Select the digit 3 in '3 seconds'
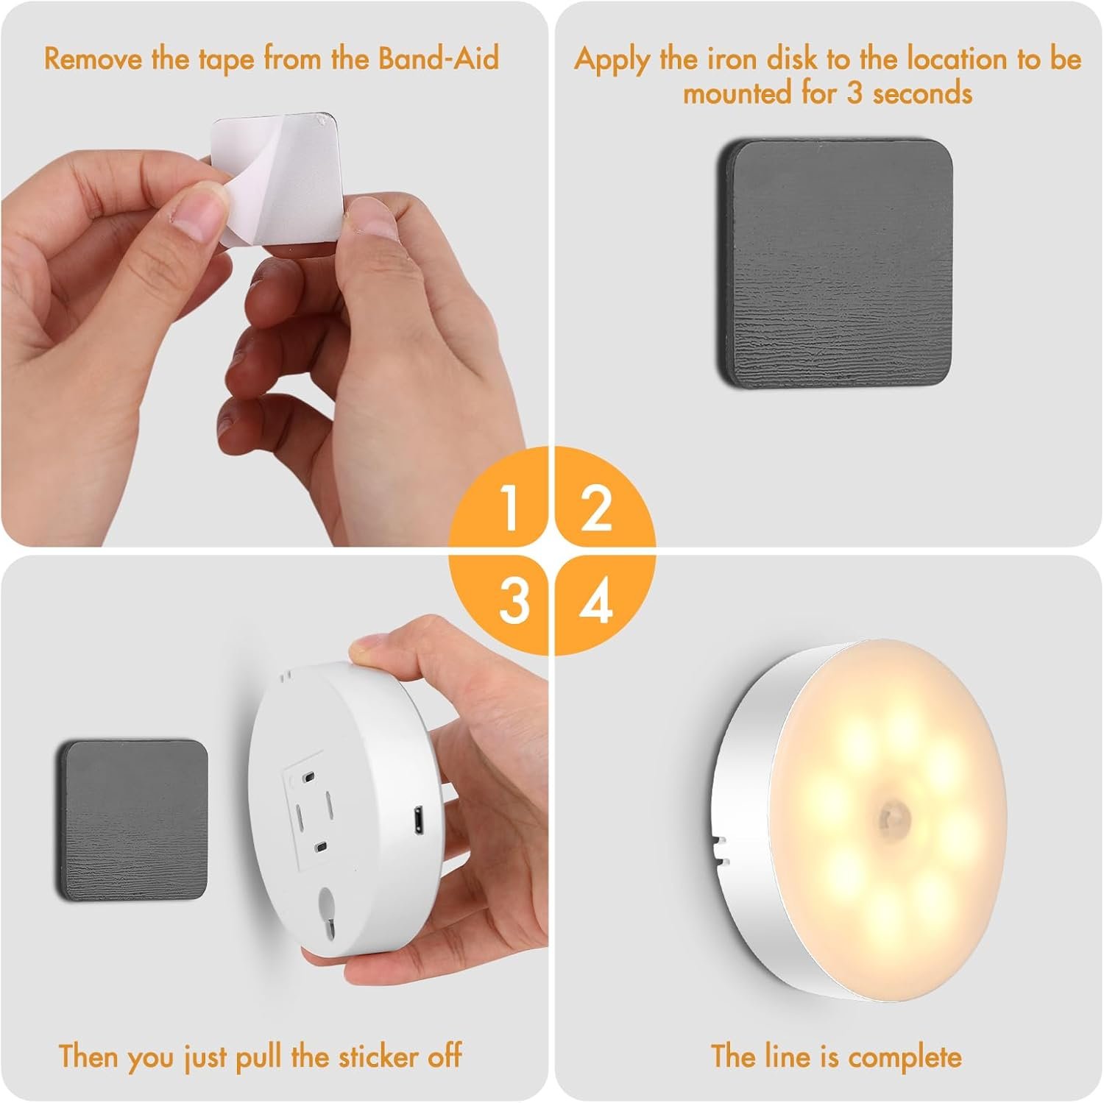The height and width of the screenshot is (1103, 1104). point(854,93)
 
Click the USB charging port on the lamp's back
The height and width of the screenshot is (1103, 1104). point(417,818)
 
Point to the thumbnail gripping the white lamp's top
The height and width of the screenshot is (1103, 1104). point(358,648)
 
